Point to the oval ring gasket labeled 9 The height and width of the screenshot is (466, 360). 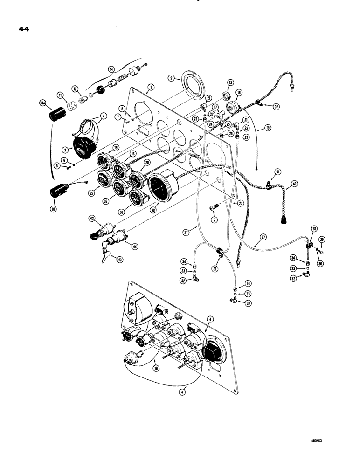(x=191, y=84)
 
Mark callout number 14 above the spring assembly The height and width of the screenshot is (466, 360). (x=111, y=69)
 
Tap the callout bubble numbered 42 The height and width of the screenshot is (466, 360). (x=92, y=218)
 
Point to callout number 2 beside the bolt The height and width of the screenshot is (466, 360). (x=214, y=219)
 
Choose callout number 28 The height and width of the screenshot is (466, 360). (x=313, y=229)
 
